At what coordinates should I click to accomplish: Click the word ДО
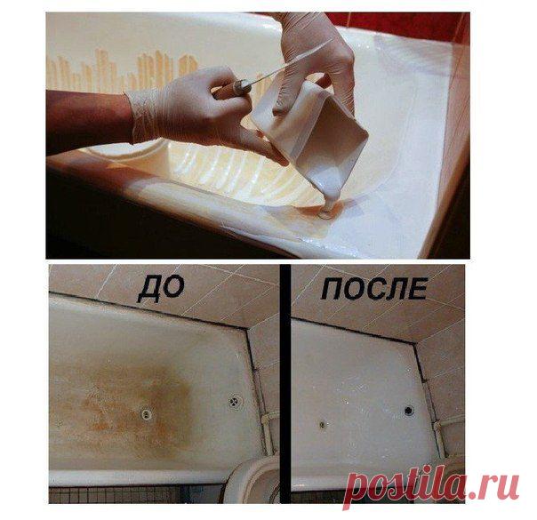[161, 290]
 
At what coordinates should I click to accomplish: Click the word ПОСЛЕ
[374, 289]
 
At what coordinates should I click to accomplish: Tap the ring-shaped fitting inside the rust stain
[147, 414]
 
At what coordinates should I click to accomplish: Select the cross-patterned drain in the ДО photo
[235, 401]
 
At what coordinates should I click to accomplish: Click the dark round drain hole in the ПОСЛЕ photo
[409, 410]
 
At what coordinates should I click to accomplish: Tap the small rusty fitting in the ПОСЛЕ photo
[323, 425]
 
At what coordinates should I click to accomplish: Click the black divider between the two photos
[285, 383]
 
